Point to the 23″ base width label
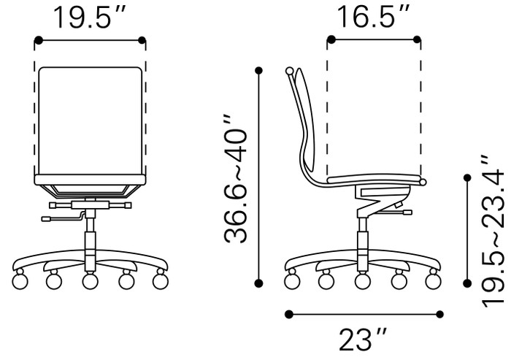click(x=363, y=340)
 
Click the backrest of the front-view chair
click(x=91, y=120)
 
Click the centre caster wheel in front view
click(x=91, y=280)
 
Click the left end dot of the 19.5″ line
click(x=36, y=41)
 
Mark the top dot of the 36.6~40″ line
click(x=258, y=70)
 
